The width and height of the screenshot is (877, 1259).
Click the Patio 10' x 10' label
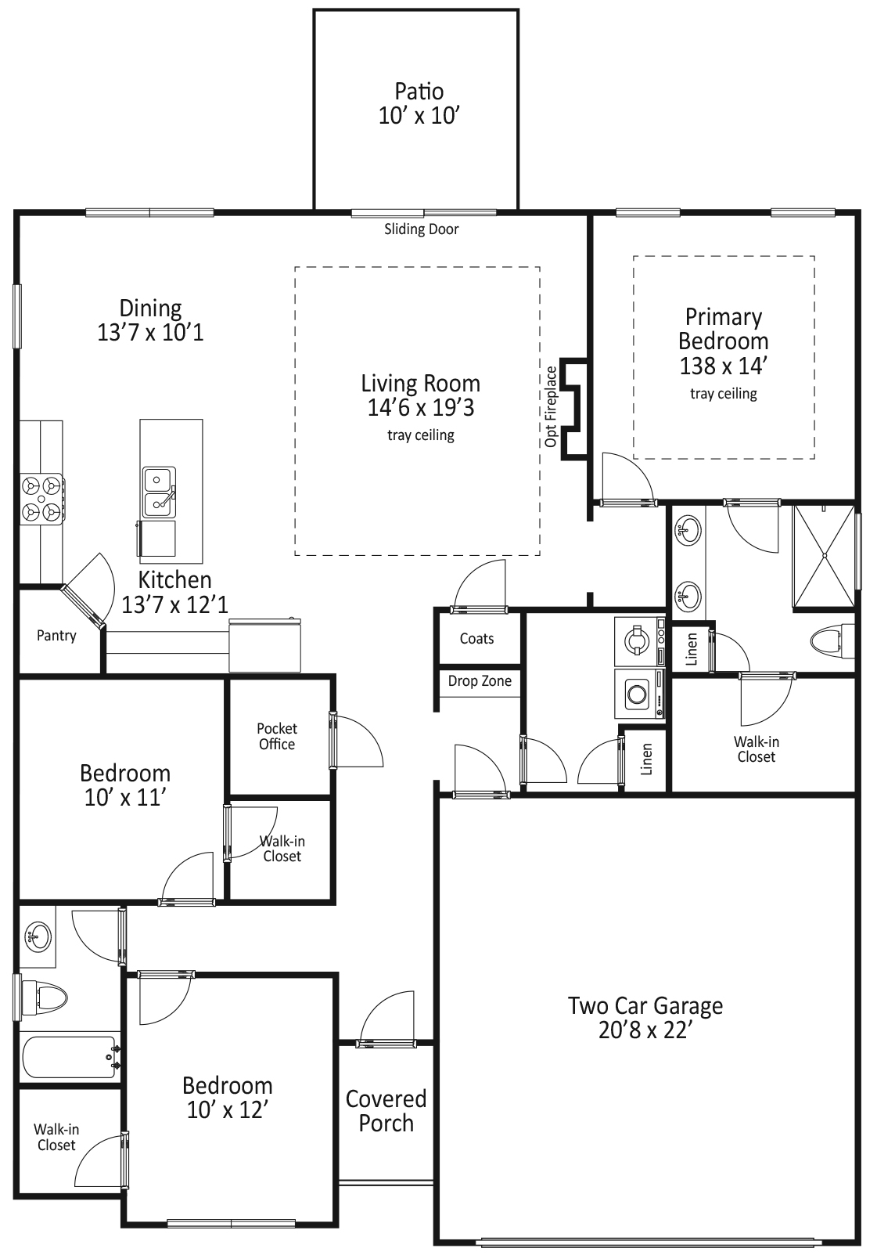pyautogui.click(x=419, y=103)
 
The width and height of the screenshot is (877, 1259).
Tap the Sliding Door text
pyautogui.click(x=421, y=229)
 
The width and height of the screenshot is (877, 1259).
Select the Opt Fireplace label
pyautogui.click(x=551, y=406)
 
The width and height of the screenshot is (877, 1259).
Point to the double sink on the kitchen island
pyautogui.click(x=159, y=492)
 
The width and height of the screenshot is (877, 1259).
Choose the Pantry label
pyautogui.click(x=56, y=636)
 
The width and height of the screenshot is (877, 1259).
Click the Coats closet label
pyautogui.click(x=476, y=638)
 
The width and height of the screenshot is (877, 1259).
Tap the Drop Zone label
pyautogui.click(x=480, y=681)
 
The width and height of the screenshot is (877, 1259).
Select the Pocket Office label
pyautogui.click(x=277, y=736)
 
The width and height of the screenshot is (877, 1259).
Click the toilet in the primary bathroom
pyautogui.click(x=832, y=640)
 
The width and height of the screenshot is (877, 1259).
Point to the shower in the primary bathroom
pyautogui.click(x=824, y=556)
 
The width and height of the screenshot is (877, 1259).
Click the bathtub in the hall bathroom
pyautogui.click(x=70, y=1057)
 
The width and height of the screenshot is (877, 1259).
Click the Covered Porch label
pyautogui.click(x=386, y=1111)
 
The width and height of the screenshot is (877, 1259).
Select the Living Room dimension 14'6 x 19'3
pyautogui.click(x=421, y=407)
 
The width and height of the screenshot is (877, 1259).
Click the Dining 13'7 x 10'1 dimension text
pyautogui.click(x=150, y=333)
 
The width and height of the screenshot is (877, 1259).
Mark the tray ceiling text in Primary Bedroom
pyautogui.click(x=723, y=393)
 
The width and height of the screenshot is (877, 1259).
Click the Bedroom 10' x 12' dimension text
pyautogui.click(x=228, y=1110)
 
